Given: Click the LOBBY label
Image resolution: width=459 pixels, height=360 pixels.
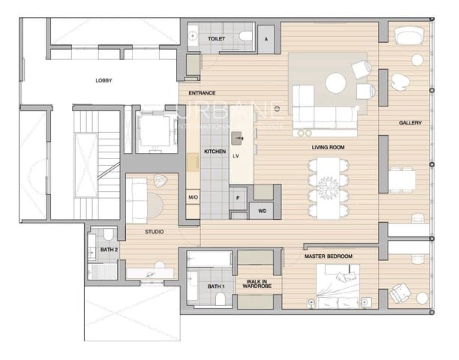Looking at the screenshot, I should coord(103,80).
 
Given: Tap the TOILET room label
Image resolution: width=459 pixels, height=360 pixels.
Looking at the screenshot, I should coord(216,37).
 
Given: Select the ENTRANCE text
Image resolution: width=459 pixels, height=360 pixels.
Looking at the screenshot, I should coord(202,92).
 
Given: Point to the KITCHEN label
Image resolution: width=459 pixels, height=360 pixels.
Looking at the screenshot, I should coord(215,151).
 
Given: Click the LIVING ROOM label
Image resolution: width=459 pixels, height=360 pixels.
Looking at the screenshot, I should coord(328,148).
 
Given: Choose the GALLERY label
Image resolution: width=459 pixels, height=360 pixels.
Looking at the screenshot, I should coord(409,123).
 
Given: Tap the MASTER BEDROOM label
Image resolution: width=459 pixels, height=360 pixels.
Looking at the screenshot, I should coord(328,256).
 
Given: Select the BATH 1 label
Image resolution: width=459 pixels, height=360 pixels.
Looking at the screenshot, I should coord(216,286).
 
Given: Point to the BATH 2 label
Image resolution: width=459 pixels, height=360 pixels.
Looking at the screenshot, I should coord(109,249).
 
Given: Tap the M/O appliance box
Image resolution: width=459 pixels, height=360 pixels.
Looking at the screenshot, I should coord(193,197).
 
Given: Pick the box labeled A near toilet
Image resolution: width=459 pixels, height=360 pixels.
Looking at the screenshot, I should coord(266,37).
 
